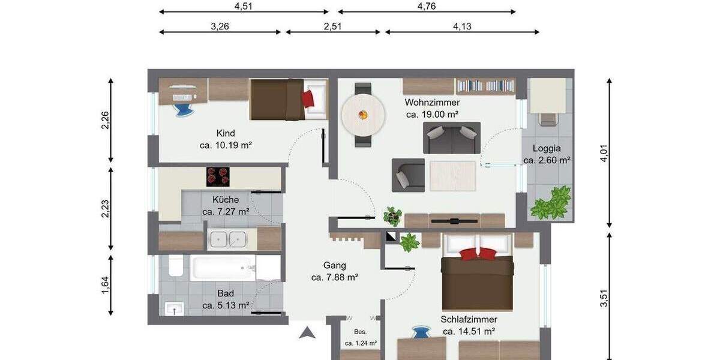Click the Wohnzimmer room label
tap(432, 102)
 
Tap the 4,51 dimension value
tap(243, 7)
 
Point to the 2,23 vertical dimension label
tap(105, 209)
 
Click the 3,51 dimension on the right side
tap(604, 298)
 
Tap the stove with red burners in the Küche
tap(218, 176)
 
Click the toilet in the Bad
tap(175, 265)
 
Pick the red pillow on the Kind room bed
tap(308, 98)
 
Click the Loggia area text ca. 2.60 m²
tap(546, 160)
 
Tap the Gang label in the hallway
tap(334, 265)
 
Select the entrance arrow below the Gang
tap(307, 332)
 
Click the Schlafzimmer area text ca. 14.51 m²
tap(468, 331)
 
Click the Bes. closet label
tap(360, 331)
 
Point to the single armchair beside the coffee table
tap(408, 175)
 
